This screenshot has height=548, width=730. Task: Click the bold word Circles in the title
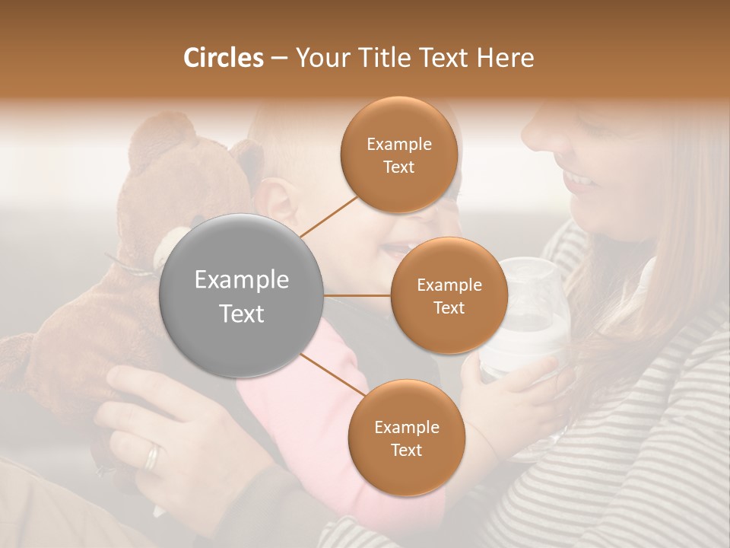tap(224, 58)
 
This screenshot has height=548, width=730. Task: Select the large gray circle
tap(242, 295)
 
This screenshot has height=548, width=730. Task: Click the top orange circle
tap(399, 155)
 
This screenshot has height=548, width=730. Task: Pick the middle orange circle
tap(449, 295)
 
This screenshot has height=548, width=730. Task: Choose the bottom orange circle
tap(406, 438)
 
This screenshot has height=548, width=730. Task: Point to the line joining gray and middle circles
tap(357, 295)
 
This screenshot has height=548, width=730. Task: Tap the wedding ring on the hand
tap(153, 456)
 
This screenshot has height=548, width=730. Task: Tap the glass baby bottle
tap(525, 320)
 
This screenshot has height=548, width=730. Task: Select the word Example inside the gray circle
tap(242, 280)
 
